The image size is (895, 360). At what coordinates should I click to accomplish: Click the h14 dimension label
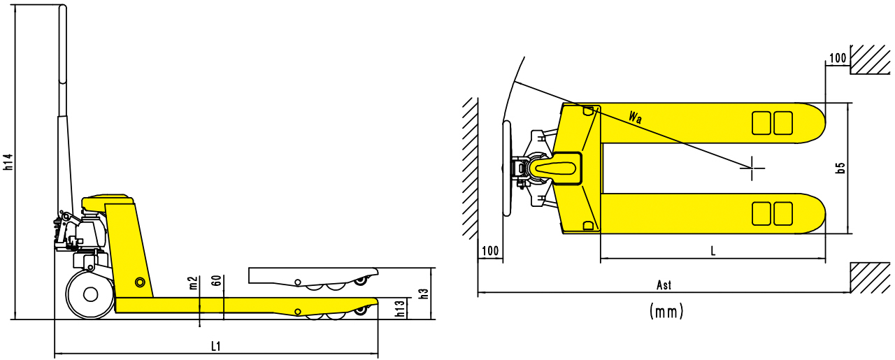coord(8,162)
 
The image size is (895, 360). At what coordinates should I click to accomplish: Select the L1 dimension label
coord(216,346)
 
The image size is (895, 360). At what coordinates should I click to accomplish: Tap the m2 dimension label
coord(193,282)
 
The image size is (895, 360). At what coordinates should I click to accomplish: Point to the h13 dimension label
coord(399,309)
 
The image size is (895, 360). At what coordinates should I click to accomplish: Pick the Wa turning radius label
coord(635,117)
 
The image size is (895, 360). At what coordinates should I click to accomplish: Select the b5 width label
coord(841,168)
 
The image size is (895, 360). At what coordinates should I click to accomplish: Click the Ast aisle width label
coord(664,285)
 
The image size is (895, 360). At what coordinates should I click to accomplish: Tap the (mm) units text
coord(666,311)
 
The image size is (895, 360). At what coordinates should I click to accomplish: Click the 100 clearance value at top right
coord(837,58)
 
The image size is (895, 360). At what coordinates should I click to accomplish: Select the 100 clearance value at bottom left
coord(490,250)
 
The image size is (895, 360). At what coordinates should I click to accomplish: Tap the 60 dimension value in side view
coord(217,282)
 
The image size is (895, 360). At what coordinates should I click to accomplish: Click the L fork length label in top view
coord(713,250)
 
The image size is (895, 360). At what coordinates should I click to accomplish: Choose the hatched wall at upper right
coord(871,60)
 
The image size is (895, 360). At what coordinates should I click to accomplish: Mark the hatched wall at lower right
coord(871,278)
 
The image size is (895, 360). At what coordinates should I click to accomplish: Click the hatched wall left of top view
coord(468,168)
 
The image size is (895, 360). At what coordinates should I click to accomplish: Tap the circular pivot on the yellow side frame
coord(140,282)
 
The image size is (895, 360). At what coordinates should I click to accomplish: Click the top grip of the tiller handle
coord(63,28)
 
